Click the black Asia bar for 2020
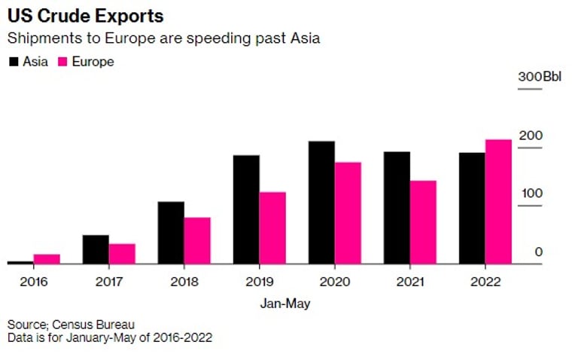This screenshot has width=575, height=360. [x=321, y=203]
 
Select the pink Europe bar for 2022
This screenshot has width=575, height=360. [x=498, y=202]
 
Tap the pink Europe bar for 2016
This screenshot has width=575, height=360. [x=47, y=259]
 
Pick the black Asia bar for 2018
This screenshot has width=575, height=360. [x=171, y=233]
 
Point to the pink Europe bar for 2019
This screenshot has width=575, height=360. [x=272, y=228]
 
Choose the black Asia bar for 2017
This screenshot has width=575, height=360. [x=96, y=249]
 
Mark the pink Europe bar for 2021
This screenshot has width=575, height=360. [x=423, y=222]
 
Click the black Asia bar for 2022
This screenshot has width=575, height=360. [x=473, y=209]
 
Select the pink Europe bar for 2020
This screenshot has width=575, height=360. [x=348, y=213]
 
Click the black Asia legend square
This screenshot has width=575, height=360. [x=14, y=62]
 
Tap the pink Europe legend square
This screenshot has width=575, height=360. [x=62, y=62]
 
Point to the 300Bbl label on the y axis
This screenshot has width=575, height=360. [x=540, y=77]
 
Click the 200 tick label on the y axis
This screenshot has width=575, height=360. [x=531, y=136]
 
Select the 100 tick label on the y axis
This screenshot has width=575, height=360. [x=532, y=194]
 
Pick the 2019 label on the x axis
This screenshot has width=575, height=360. [x=259, y=282]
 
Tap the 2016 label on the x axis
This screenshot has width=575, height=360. [x=34, y=282]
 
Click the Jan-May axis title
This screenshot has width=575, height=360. [x=285, y=304]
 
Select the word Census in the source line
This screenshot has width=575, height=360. [x=72, y=325]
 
